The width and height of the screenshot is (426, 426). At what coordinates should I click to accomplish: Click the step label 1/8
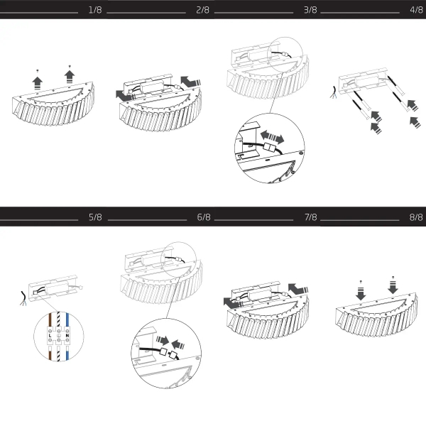coord(95,10)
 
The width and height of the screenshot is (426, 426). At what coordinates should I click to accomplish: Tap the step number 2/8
coord(202,10)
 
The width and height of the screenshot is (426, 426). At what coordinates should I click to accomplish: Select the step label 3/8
coord(310,10)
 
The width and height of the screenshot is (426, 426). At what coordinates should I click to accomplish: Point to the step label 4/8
coord(417,10)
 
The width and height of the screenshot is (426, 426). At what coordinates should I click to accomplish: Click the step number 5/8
coord(95,217)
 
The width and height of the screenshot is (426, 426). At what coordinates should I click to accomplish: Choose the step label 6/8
coord(204,217)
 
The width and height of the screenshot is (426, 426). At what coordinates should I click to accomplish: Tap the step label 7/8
coord(310,217)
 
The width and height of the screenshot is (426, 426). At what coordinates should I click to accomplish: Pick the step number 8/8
coord(416,217)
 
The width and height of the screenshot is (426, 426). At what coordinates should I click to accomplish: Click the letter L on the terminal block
coord(50,336)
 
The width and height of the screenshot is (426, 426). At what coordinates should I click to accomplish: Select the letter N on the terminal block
coord(67,336)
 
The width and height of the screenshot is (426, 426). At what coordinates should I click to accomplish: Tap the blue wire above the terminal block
coord(67,321)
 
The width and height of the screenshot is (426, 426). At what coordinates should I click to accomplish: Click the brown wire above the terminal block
coord(50,320)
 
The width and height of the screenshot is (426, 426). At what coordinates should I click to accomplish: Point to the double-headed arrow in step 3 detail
coord(272,137)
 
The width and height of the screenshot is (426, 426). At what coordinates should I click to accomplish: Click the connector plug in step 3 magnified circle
coord(270,148)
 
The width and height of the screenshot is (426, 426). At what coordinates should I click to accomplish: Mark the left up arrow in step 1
coord(37,83)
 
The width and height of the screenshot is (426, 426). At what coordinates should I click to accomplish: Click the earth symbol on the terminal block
coord(59,336)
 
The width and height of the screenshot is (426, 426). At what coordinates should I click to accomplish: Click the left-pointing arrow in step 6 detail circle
coord(178,344)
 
